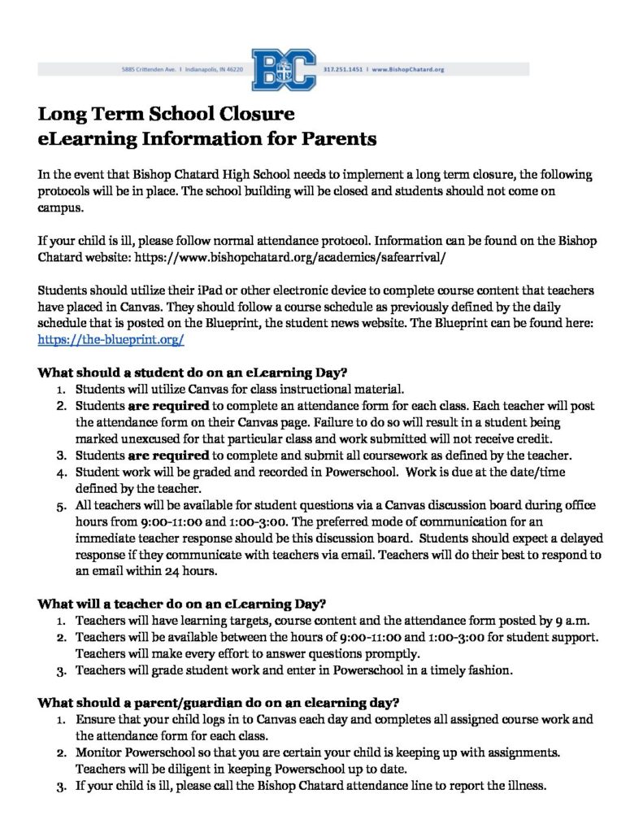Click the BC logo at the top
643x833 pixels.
[x=284, y=70]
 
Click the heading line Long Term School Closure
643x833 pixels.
[x=166, y=113]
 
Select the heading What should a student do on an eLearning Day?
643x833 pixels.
[x=181, y=373]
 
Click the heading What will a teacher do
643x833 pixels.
[x=182, y=604]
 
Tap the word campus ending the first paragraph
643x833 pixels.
[x=60, y=207]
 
